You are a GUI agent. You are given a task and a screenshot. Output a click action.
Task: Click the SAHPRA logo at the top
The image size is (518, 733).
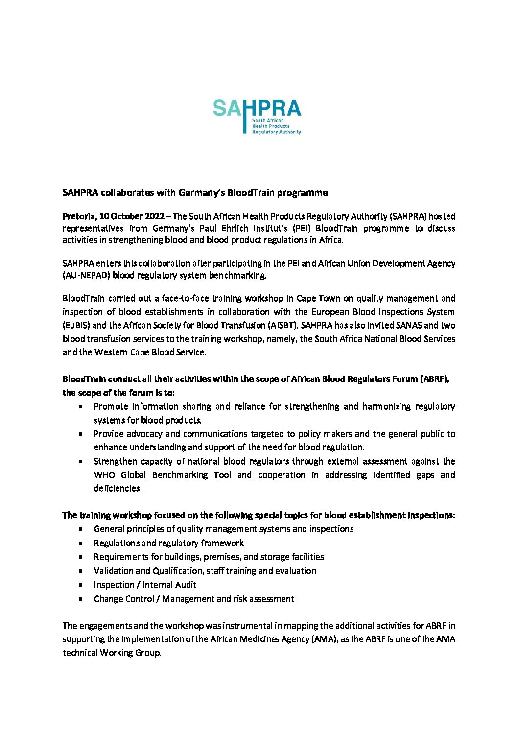pyautogui.click(x=257, y=117)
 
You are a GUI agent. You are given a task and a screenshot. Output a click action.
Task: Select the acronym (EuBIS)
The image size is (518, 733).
pyautogui.click(x=76, y=325)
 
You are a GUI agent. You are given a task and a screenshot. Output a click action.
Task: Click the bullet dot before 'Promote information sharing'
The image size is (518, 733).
pyautogui.click(x=81, y=407)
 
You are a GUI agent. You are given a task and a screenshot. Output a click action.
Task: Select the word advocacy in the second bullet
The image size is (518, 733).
pyautogui.click(x=144, y=434)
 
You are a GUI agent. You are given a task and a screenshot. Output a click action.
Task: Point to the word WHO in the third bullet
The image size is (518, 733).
pyautogui.click(x=104, y=475)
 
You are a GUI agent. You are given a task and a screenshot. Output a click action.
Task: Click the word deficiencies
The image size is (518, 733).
pyautogui.click(x=118, y=488)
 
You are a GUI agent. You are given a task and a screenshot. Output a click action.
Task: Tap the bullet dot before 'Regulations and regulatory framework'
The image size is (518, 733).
pyautogui.click(x=81, y=544)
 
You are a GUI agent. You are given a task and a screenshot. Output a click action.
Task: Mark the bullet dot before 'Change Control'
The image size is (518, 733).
pyautogui.click(x=81, y=599)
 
